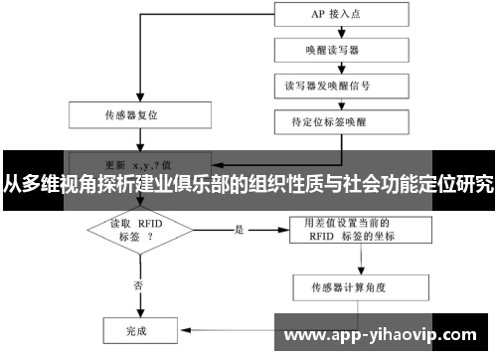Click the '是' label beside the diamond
(x=239, y=230)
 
